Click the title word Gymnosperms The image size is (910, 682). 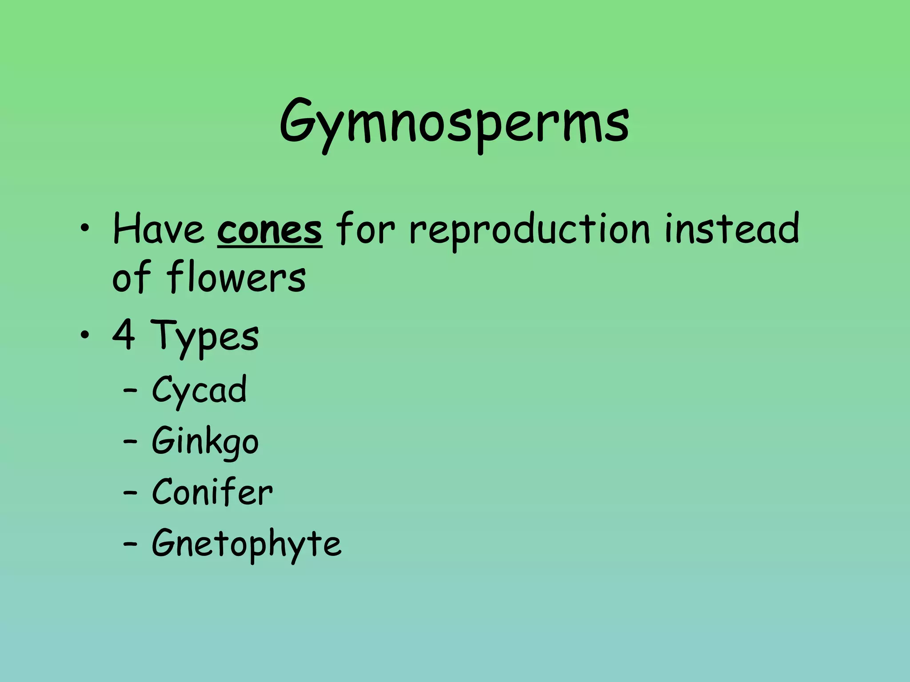coord(454,122)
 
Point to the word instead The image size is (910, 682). coord(732,228)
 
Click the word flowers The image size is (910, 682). coord(236,278)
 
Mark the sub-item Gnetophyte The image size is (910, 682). coord(247,544)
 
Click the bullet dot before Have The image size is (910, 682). coord(84,229)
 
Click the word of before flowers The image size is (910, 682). coord(131,278)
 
